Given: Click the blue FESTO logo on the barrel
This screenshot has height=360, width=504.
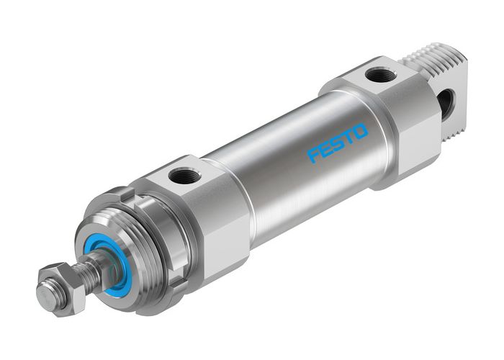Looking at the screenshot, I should point(338,143).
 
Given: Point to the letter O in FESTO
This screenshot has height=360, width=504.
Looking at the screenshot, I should point(361,131).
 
